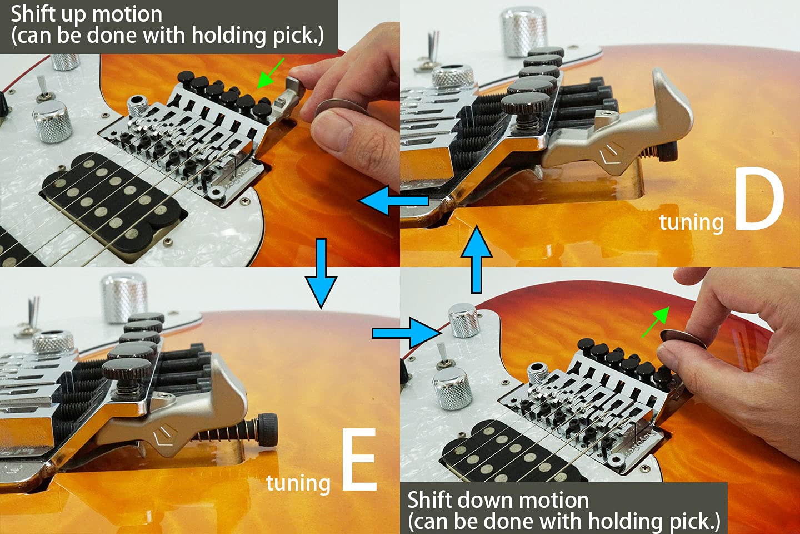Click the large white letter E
click(x=359, y=460)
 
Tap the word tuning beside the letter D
click(x=691, y=222)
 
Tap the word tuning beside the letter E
click(x=298, y=483)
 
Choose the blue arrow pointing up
click(x=476, y=259)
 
